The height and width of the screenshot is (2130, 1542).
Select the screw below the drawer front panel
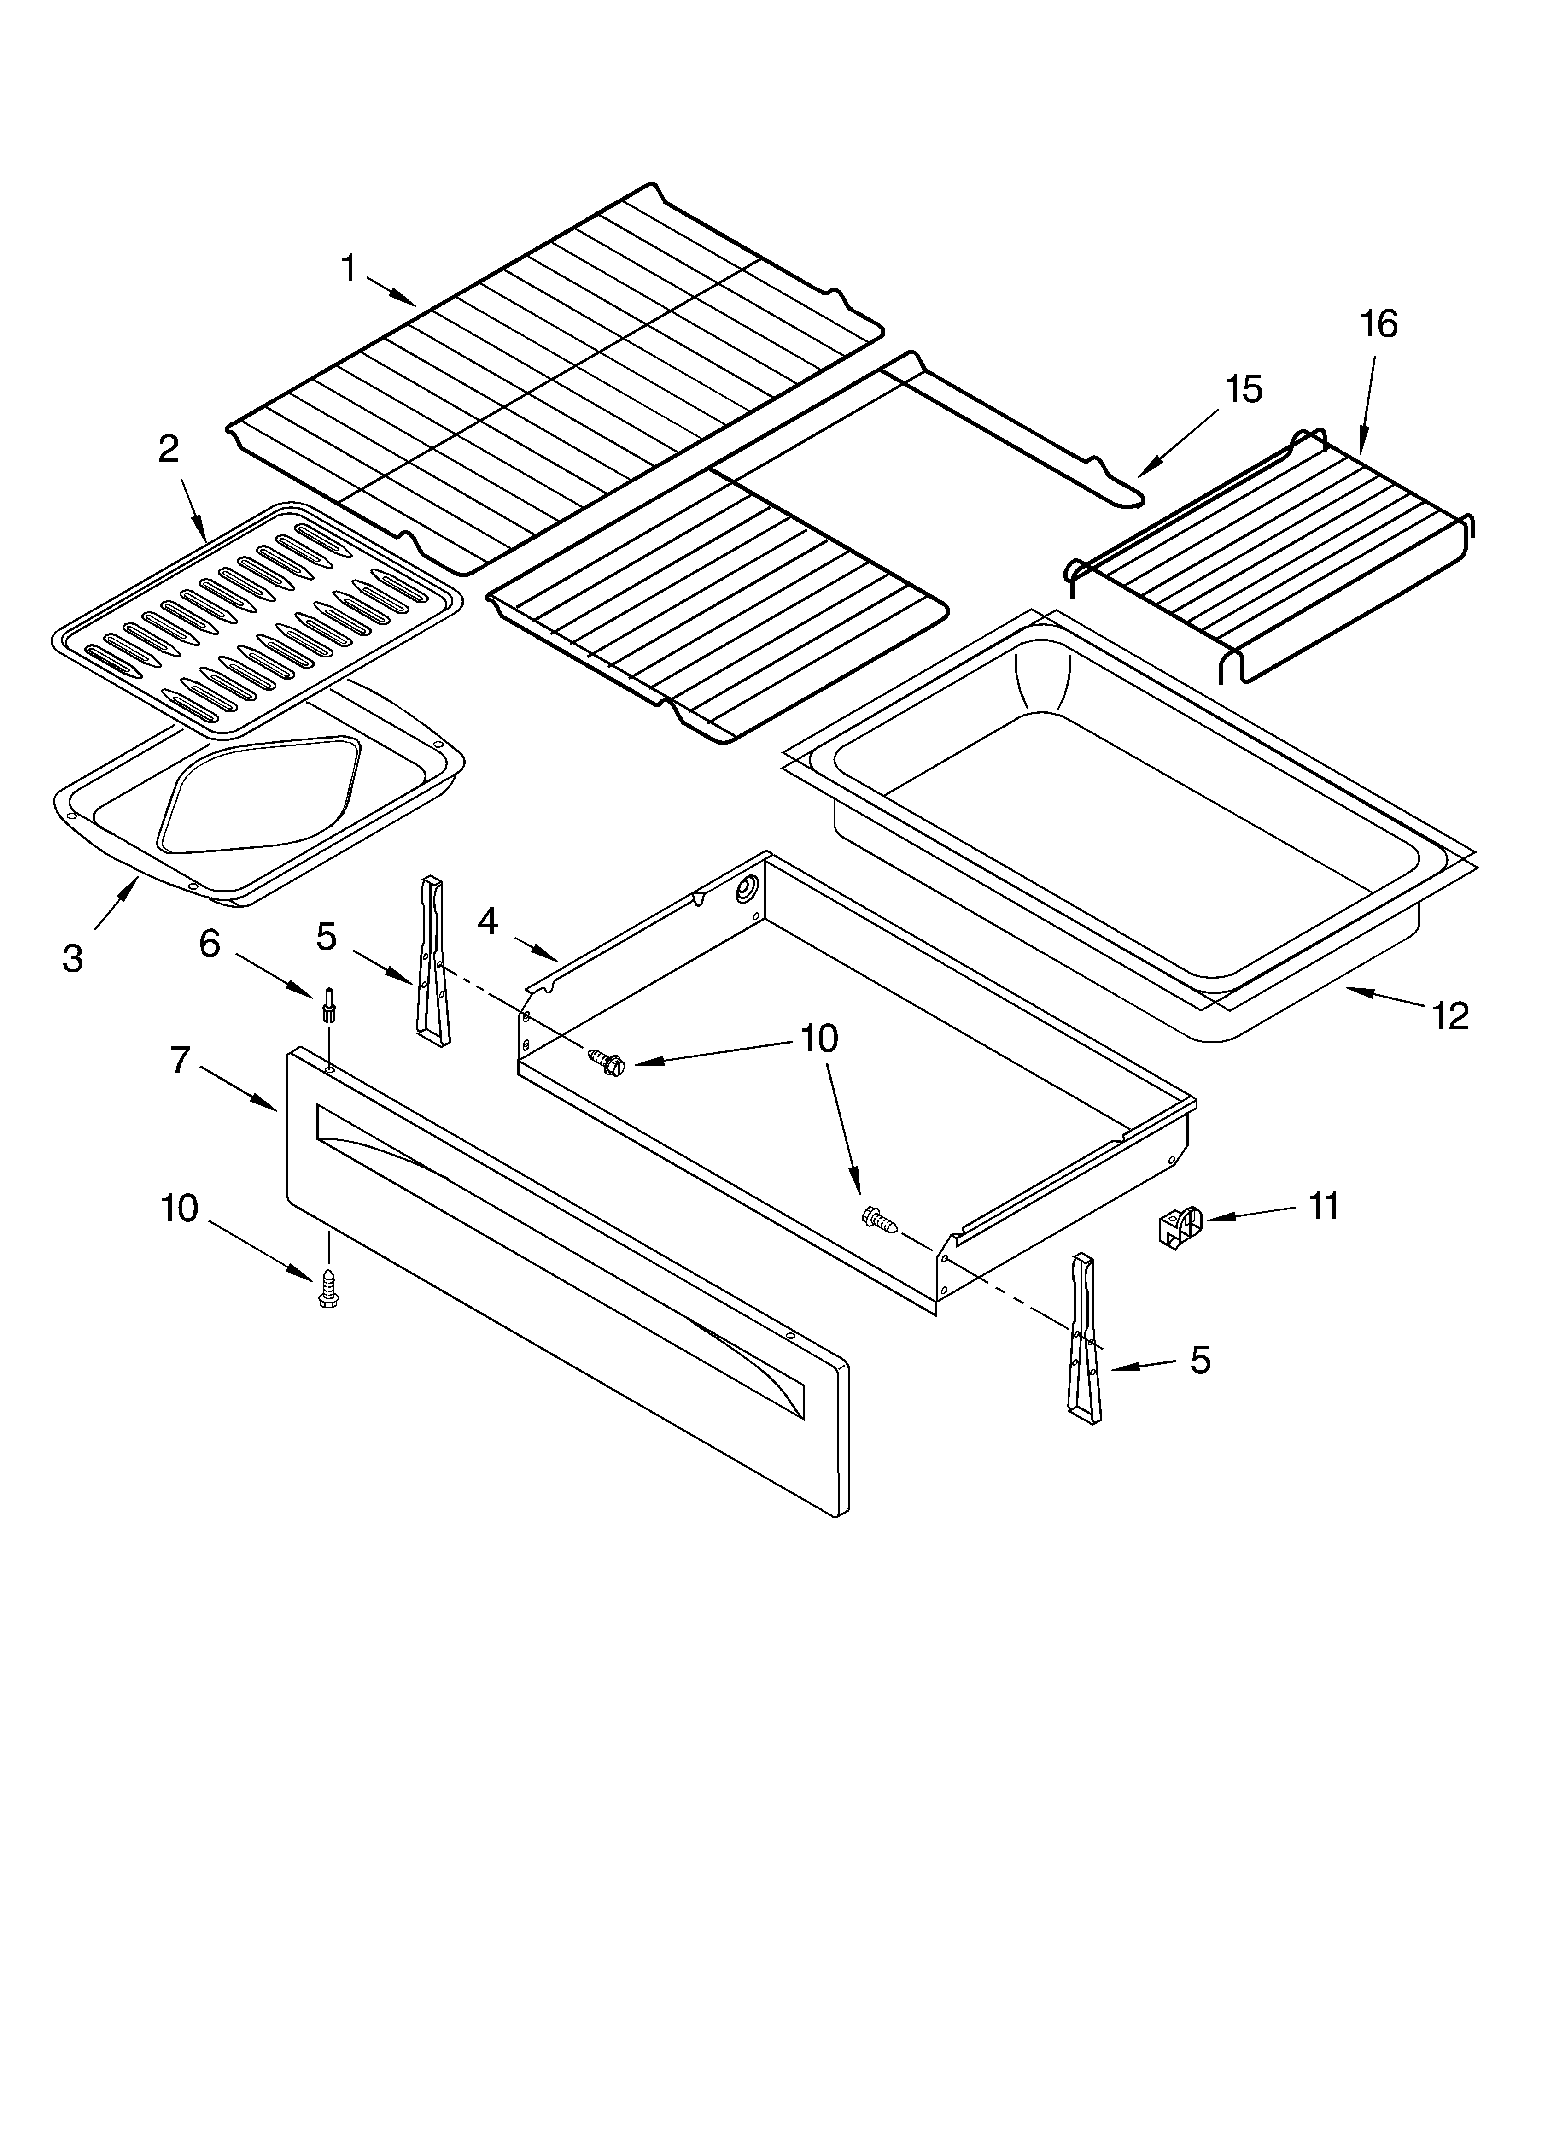(x=329, y=1289)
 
